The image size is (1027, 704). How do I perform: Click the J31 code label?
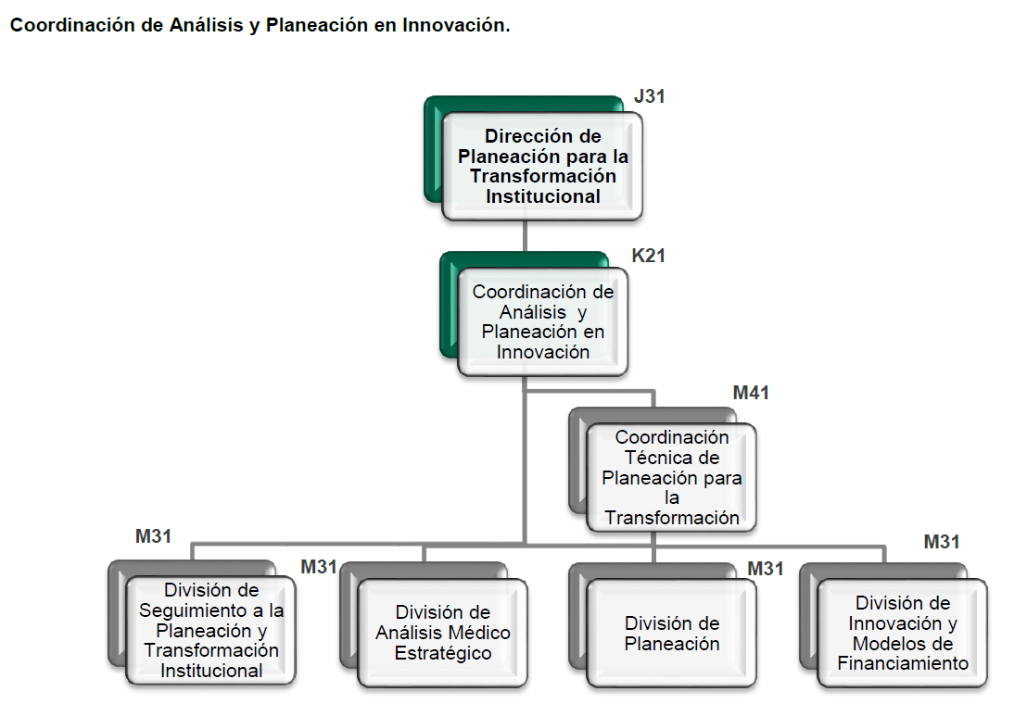649,97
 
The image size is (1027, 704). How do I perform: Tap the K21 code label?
648,256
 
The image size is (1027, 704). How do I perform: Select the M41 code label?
751,393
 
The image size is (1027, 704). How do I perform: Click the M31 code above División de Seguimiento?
153,536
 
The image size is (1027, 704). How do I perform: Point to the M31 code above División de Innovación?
941,542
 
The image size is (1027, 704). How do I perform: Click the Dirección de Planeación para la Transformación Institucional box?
542,166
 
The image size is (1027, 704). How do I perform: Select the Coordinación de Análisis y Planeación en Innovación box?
543,322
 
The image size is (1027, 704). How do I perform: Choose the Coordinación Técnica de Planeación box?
672,478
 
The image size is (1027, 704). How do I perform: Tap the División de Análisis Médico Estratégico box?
443,633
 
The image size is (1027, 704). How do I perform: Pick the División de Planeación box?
672,633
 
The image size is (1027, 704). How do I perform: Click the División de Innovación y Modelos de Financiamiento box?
903,633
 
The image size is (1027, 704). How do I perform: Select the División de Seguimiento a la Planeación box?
211,630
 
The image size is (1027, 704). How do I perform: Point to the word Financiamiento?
903,663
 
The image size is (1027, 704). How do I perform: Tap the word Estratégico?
443,653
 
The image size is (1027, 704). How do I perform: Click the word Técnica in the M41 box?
672,458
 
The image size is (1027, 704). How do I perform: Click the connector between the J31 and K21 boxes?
525,236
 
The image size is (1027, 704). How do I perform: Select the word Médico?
480,633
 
